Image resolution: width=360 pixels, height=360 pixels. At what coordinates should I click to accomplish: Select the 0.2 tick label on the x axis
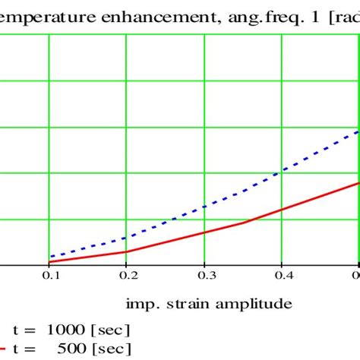pyautogui.click(x=127, y=277)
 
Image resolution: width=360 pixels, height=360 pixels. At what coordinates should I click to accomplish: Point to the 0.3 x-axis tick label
pyautogui.click(x=204, y=277)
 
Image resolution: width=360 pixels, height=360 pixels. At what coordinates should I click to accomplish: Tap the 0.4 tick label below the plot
pyautogui.click(x=282, y=277)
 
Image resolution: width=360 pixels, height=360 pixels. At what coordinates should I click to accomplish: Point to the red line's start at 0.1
pyautogui.click(x=49, y=262)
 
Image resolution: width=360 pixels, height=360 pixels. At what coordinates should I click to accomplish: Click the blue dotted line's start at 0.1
pyautogui.click(x=49, y=257)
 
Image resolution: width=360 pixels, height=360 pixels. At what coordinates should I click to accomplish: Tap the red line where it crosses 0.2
pyautogui.click(x=127, y=251)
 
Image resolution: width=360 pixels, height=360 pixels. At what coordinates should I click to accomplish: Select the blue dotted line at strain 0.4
pyautogui.click(x=282, y=172)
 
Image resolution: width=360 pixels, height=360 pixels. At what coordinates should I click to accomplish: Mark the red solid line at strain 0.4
pyautogui.click(x=282, y=210)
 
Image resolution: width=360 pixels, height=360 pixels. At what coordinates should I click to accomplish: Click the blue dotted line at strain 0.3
pyautogui.click(x=204, y=207)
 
